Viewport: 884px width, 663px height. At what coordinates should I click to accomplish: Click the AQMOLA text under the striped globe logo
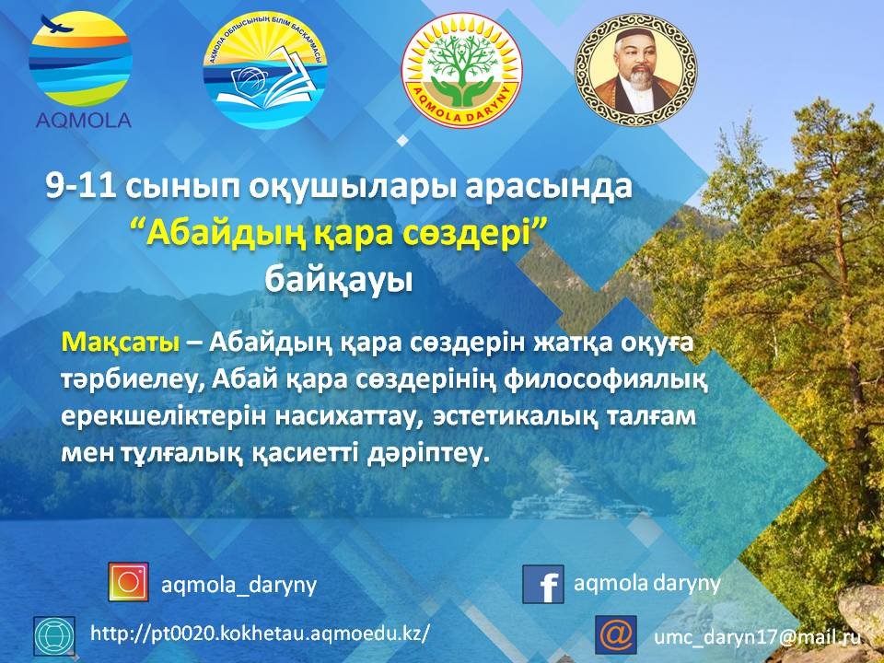pos(84,120)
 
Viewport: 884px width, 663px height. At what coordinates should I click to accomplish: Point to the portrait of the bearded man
pos(636,71)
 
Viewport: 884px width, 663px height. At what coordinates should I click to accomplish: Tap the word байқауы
pos(339,279)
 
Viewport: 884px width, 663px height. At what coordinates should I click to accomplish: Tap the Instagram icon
pos(129,582)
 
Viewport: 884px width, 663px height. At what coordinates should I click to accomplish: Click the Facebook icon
pos(543,584)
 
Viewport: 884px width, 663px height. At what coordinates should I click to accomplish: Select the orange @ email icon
pos(616,634)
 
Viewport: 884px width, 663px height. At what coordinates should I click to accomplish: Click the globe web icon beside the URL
pos(54,635)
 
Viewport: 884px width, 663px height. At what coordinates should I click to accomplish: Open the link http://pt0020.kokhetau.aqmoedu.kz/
pos(261,634)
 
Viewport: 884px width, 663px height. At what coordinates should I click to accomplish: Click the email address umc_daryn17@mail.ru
pos(757,636)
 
